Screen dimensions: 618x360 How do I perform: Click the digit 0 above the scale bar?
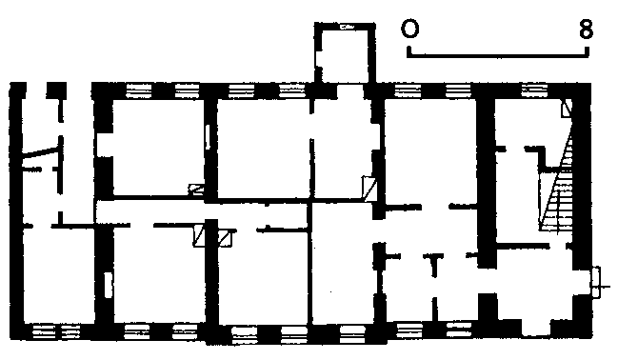pyautogui.click(x=409, y=29)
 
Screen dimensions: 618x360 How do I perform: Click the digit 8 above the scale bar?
pyautogui.click(x=586, y=30)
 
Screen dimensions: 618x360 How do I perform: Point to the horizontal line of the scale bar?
pyautogui.click(x=498, y=56)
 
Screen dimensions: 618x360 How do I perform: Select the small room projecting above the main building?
pyautogui.click(x=345, y=53)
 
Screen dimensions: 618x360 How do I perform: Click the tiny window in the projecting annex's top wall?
pyautogui.click(x=347, y=28)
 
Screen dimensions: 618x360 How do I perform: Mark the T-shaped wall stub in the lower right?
pyautogui.click(x=433, y=265)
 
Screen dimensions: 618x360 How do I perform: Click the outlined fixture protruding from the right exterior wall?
pyautogui.click(x=596, y=282)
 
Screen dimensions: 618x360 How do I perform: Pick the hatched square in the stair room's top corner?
pyautogui.click(x=567, y=108)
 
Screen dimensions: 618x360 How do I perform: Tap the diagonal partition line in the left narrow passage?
pyautogui.click(x=41, y=151)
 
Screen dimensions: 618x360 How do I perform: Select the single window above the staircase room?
pyautogui.click(x=534, y=90)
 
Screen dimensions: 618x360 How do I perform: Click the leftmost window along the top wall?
pyautogui.click(x=138, y=90)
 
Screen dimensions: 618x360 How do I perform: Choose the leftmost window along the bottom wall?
pyautogui.click(x=44, y=332)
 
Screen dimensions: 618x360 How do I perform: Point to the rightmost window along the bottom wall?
pyautogui.click(x=459, y=330)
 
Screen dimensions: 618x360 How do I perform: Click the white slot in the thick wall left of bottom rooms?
pyautogui.click(x=108, y=285)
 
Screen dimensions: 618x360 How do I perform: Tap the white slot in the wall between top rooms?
pyautogui.click(x=209, y=136)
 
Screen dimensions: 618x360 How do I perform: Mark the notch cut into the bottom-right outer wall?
pyautogui.click(x=536, y=328)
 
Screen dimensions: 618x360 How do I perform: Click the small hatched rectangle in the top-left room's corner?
pyautogui.click(x=196, y=190)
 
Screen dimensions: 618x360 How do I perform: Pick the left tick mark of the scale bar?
pyautogui.click(x=409, y=51)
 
